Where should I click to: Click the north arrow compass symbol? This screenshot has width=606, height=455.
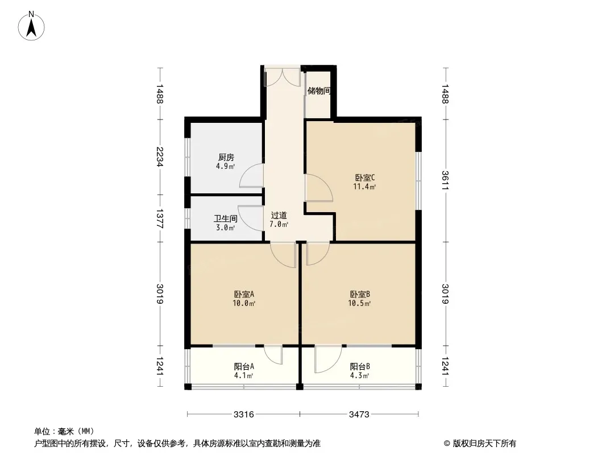31,26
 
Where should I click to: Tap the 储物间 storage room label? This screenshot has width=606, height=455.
319,91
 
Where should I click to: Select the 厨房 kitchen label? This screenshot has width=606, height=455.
226,158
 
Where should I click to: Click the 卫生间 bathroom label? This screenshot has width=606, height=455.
226,218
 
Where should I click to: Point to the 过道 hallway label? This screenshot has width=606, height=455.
279,216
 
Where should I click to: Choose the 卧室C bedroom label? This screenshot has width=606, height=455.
365,178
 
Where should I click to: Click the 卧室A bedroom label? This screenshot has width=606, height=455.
244,294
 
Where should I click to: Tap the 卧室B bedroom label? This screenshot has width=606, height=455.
360,294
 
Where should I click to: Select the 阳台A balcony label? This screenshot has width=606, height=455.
244,366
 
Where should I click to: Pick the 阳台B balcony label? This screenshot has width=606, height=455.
360,366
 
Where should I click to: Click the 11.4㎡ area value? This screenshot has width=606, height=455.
364,187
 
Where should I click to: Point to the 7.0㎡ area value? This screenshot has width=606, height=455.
279,224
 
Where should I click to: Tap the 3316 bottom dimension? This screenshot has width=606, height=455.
244,415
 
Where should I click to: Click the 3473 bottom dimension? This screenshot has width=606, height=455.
359,415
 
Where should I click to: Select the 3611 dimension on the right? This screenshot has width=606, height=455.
445,180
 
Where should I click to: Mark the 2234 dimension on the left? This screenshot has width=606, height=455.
160,156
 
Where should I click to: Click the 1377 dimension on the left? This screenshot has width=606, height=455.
160,219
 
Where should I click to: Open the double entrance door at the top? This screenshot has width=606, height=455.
282,77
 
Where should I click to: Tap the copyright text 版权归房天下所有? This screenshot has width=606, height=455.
484,444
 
